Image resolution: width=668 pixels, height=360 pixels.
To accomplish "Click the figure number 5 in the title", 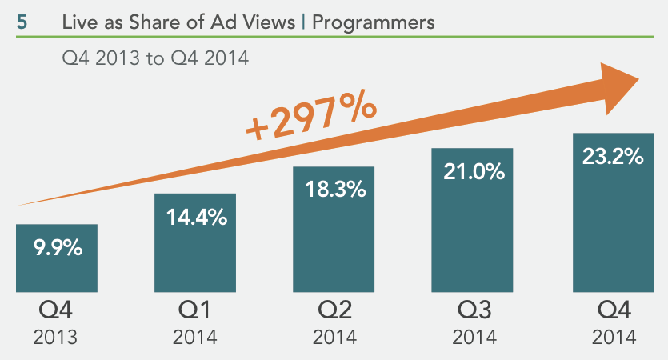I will click(22, 22).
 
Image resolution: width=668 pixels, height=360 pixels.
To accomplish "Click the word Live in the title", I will click(78, 22).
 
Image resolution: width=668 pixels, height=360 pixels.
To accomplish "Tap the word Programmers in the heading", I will click(374, 22).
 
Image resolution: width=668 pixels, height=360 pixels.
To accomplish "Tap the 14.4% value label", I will click(195, 217).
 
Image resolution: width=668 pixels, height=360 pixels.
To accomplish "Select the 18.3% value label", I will click(334, 190).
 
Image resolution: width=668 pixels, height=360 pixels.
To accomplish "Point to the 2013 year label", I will click(56, 337).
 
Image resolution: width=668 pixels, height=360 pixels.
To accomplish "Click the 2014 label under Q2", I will click(334, 337).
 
